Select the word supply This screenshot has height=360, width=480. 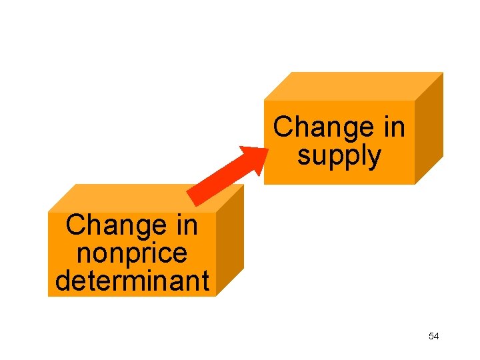339,156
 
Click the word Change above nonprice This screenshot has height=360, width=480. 109,225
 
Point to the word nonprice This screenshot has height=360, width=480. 132,253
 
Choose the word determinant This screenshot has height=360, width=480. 132,281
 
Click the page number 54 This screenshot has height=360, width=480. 434,337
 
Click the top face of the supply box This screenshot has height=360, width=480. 353,86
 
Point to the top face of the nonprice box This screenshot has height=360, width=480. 143,198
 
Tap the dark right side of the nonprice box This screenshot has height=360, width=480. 230,240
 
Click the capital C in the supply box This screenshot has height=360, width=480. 283,127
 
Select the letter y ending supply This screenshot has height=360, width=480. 375,159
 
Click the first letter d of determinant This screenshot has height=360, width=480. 62,281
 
